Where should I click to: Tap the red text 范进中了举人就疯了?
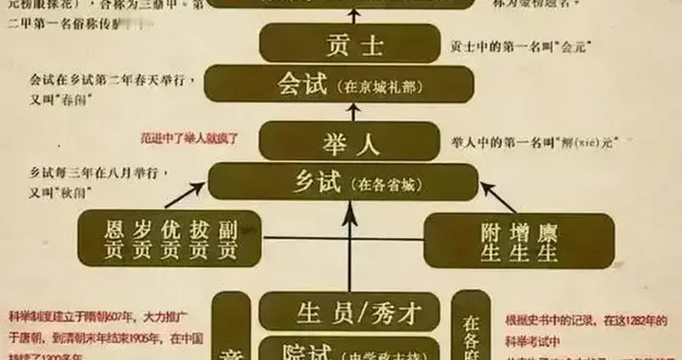point(189,138)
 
